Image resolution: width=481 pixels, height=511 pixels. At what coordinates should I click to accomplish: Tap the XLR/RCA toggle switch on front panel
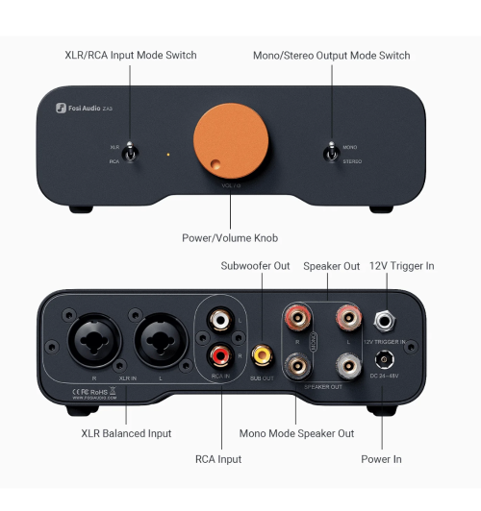[137, 154]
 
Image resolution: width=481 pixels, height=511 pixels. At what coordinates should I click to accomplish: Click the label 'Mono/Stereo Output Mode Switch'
[331, 55]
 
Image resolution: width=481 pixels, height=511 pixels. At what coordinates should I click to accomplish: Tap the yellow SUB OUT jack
[261, 355]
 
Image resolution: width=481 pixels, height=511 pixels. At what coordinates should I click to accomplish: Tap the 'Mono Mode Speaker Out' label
[296, 433]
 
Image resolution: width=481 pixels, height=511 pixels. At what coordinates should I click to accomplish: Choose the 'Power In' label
[382, 459]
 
